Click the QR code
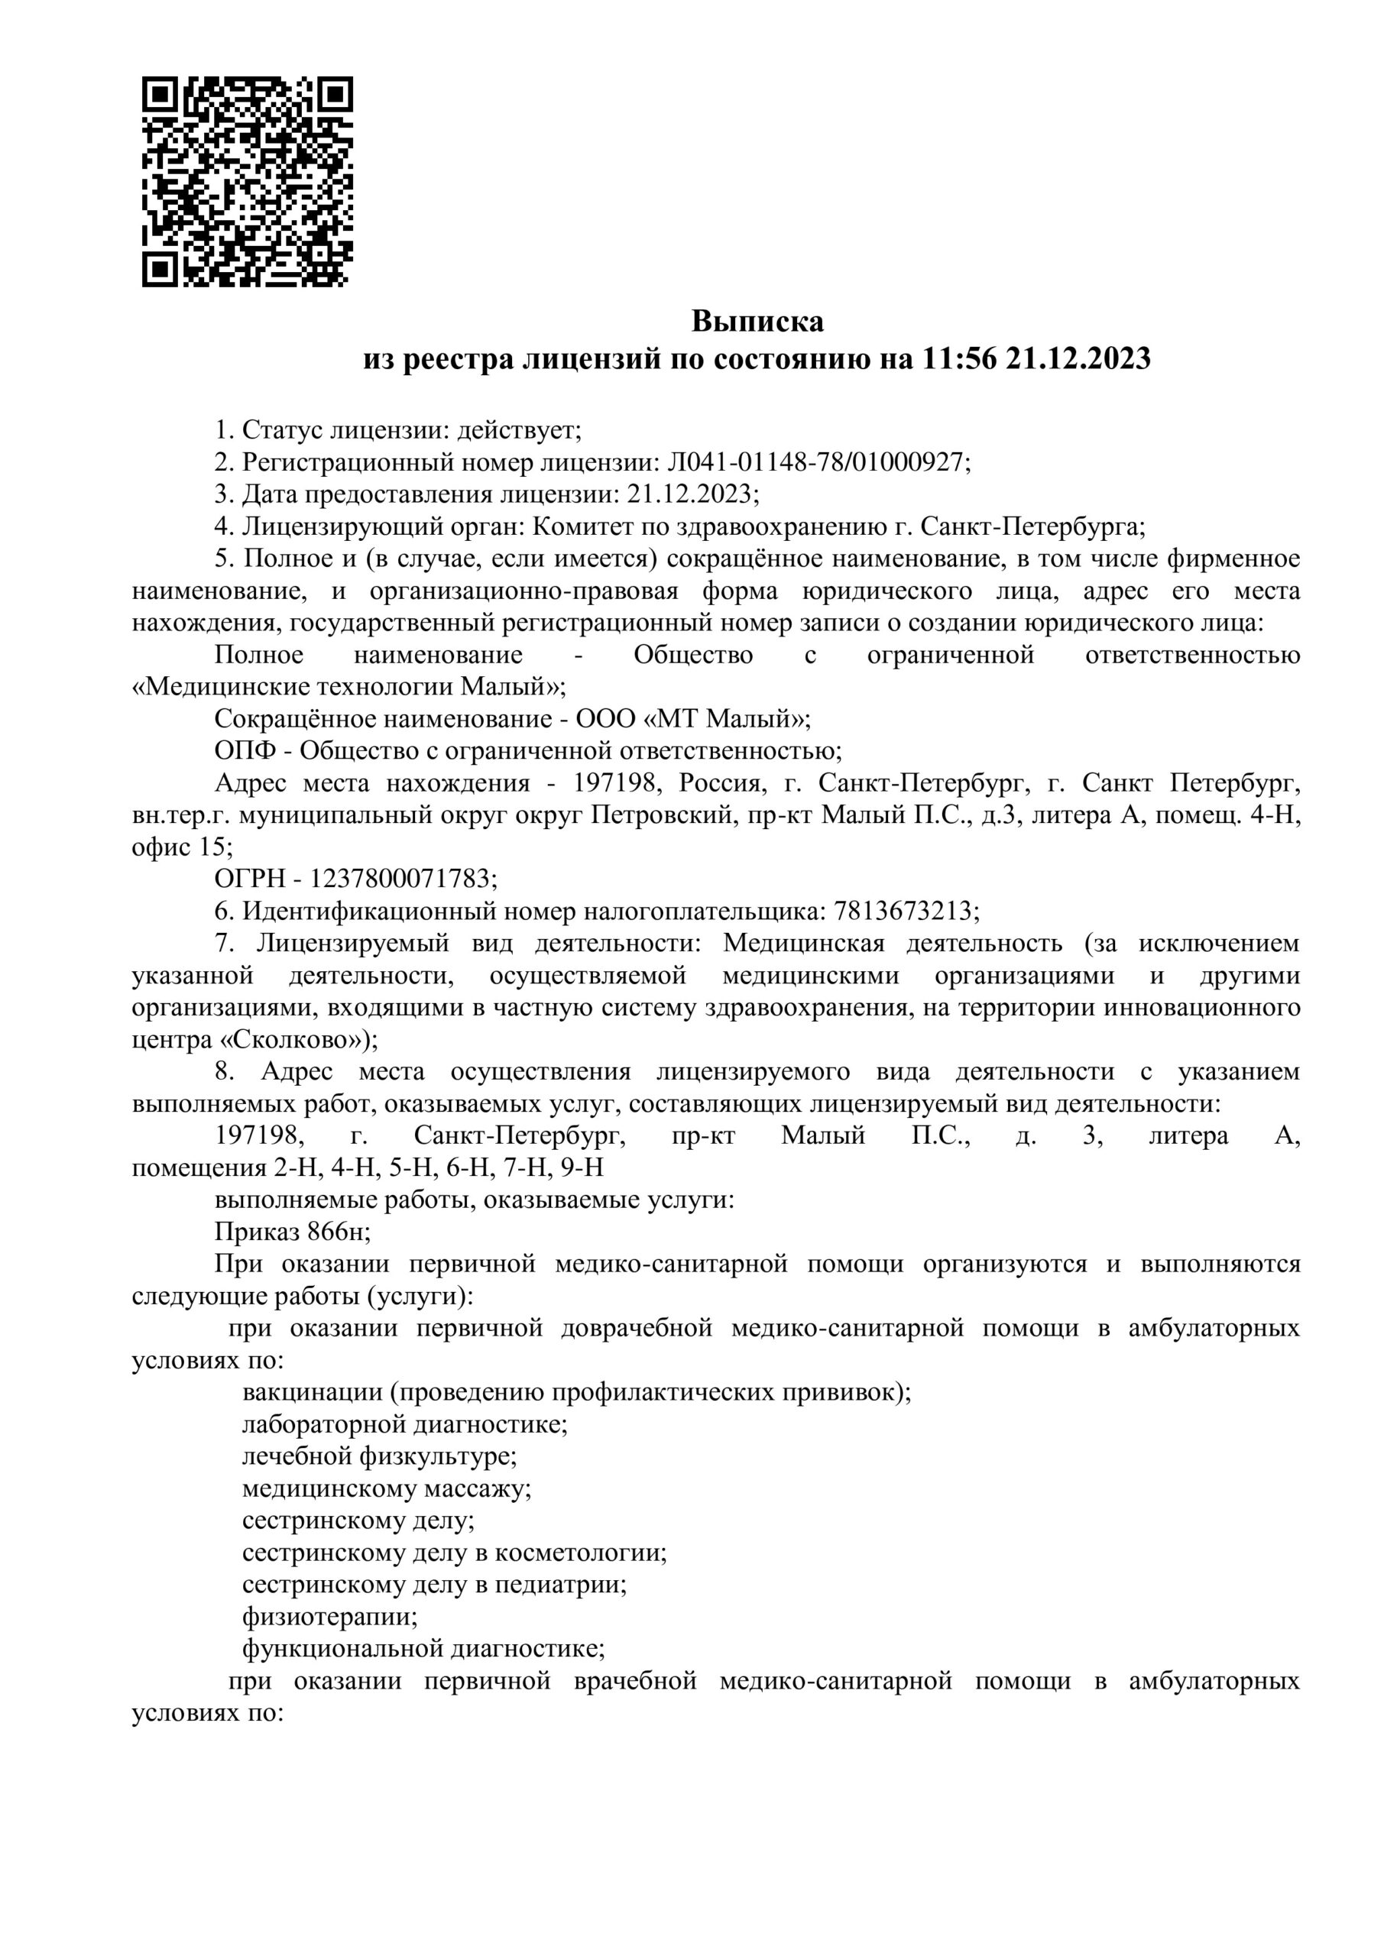[x=247, y=181]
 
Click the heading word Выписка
[x=757, y=322]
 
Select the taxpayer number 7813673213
[x=903, y=911]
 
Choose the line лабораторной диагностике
[x=405, y=1423]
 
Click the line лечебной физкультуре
[x=379, y=1456]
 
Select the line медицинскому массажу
[x=387, y=1488]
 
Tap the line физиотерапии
[x=330, y=1616]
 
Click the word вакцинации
[x=311, y=1392]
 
